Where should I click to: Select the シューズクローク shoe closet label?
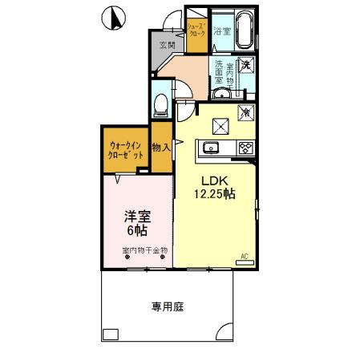tap(196, 32)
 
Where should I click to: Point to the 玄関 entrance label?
tap(167, 45)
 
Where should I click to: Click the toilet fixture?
tap(161, 103)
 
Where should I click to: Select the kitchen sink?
tap(212, 148)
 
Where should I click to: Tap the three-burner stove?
tap(245, 148)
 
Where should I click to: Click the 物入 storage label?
tap(161, 148)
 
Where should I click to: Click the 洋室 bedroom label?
tap(136, 217)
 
